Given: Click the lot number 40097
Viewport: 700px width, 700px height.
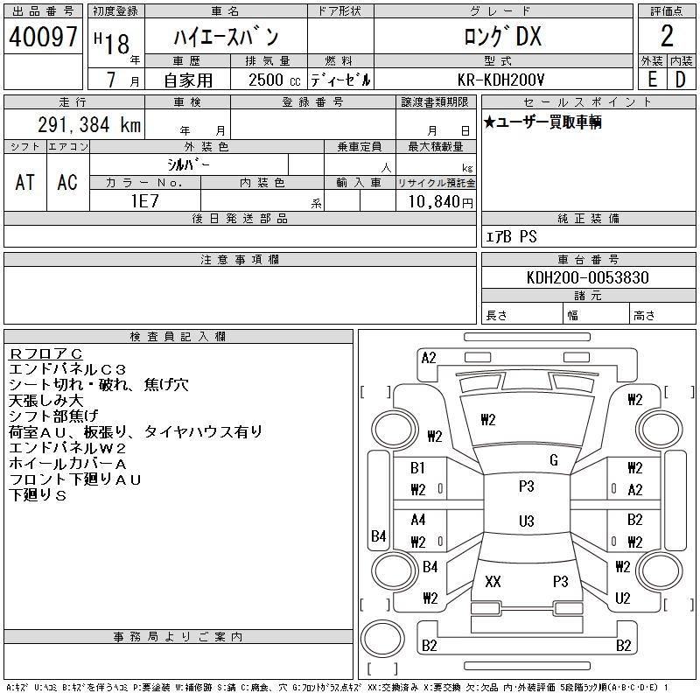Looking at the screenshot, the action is [43, 37].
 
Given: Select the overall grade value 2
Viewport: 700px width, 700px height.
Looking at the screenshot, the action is [667, 37].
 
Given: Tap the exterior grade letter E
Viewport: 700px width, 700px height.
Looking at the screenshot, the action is [652, 79].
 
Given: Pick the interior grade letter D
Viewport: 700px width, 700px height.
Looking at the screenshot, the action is [681, 79].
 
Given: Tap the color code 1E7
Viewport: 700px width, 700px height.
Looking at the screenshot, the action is [144, 200].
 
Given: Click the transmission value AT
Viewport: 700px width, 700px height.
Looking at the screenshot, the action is [25, 182].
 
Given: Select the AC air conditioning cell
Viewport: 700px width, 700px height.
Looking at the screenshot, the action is [67, 182].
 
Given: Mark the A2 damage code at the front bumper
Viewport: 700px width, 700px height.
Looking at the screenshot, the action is [429, 358].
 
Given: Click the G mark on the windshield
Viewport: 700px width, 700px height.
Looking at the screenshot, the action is [553, 460].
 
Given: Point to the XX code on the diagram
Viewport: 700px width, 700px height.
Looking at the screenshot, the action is [493, 581].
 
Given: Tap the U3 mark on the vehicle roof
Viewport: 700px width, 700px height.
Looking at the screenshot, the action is [526, 521].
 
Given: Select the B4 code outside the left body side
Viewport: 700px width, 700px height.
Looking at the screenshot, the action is [378, 535].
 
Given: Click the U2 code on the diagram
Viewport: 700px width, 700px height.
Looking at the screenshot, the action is [623, 598].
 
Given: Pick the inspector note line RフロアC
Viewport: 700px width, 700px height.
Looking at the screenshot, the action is [45, 353].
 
